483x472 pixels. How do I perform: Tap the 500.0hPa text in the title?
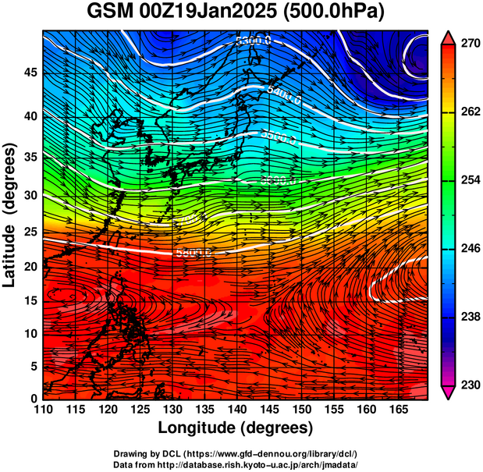coord(343,12)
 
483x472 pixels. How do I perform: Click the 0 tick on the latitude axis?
coord(32,399)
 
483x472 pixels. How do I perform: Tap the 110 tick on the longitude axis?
coord(43,410)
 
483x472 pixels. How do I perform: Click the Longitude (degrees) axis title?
coord(236,428)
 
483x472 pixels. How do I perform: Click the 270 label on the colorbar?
coord(469,44)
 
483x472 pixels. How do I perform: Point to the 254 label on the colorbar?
coord(469,180)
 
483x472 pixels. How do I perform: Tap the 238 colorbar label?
coord(469,317)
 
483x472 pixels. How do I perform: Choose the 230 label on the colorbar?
coord(469,385)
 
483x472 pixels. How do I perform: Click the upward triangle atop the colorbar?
coord(449,37)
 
